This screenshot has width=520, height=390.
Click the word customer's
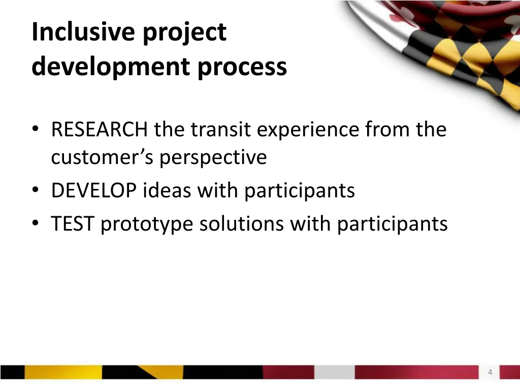click(102, 157)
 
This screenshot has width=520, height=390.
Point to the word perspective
click(213, 158)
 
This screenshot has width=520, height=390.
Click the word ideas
click(167, 191)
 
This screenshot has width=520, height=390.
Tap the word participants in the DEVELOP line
click(299, 191)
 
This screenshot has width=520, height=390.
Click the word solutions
click(241, 224)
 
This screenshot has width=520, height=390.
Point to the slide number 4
click(490, 372)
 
